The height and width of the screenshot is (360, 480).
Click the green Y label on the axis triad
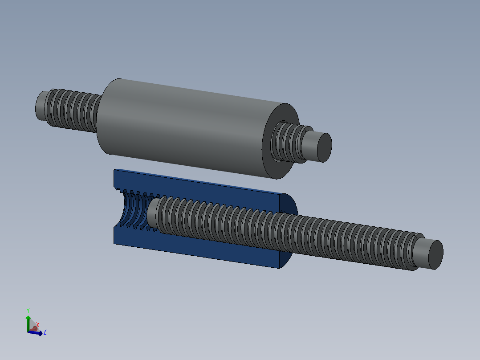tap(28, 310)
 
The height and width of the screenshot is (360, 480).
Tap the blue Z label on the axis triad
tap(45, 332)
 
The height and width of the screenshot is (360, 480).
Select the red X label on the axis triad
tap(38, 325)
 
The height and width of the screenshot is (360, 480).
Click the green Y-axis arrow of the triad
tap(28, 322)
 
